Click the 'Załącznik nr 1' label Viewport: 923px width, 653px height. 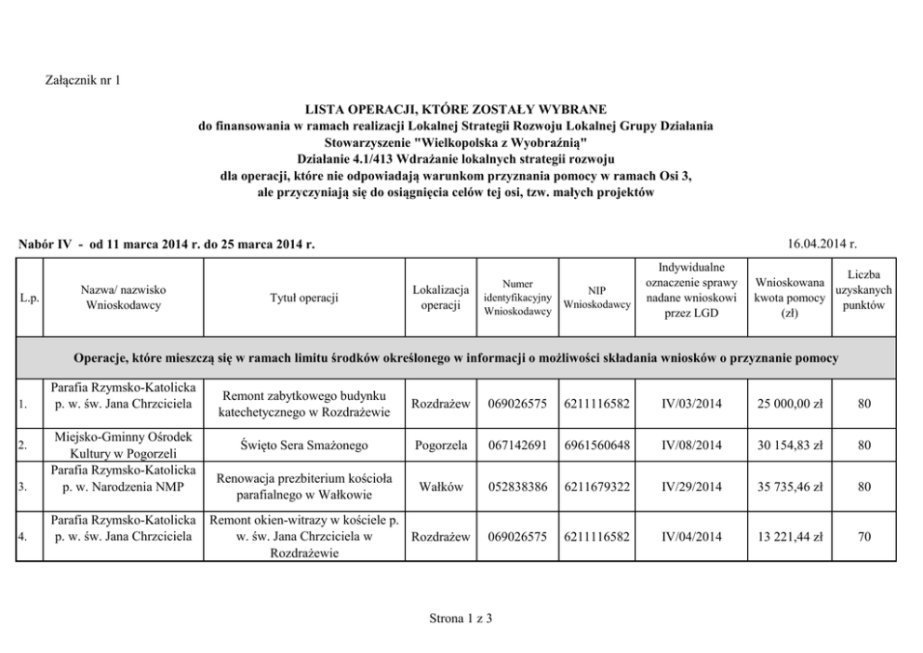pyautogui.click(x=84, y=81)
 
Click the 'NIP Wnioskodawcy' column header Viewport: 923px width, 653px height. pyautogui.click(x=597, y=298)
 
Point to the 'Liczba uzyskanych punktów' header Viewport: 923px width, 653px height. pyautogui.click(x=864, y=290)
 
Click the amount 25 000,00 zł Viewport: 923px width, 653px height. pyautogui.click(x=790, y=405)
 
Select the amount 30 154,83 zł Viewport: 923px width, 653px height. pyautogui.click(x=790, y=446)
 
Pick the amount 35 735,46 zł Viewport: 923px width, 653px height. pyautogui.click(x=790, y=486)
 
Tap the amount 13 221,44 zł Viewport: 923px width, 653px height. pyautogui.click(x=790, y=536)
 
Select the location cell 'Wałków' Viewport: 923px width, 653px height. pyautogui.click(x=441, y=486)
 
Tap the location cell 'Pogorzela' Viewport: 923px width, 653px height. pyautogui.click(x=441, y=446)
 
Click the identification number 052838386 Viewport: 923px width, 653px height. pyautogui.click(x=517, y=486)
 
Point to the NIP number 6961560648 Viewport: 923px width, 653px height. pyautogui.click(x=597, y=446)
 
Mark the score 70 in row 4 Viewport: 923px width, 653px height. pyautogui.click(x=864, y=536)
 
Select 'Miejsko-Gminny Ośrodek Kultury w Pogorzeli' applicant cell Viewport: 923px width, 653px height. pyautogui.click(x=123, y=446)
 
